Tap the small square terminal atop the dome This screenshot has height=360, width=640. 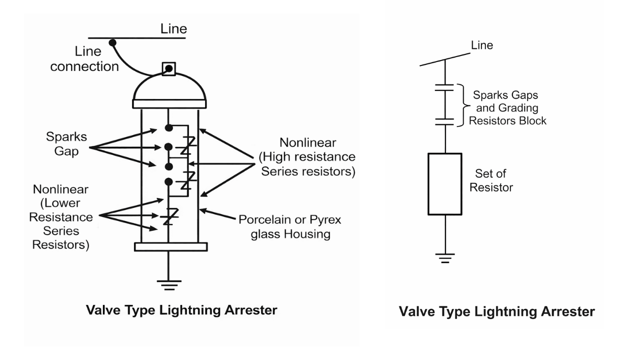[x=169, y=68]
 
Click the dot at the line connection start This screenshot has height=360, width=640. [x=112, y=42]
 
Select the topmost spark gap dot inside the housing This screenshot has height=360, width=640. [x=169, y=128]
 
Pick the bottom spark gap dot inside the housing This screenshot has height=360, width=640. [x=169, y=181]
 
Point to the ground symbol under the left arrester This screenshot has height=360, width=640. [x=168, y=284]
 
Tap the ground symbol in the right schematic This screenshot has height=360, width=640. [x=444, y=257]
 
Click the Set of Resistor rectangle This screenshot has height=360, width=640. [x=444, y=184]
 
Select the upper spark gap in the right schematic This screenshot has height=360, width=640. [x=444, y=88]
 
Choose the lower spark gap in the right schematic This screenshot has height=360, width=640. [x=444, y=120]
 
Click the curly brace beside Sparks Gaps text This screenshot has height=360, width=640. [x=463, y=105]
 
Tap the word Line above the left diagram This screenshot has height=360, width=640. [x=173, y=29]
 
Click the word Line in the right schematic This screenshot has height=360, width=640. [x=482, y=45]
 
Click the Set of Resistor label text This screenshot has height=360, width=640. [x=494, y=181]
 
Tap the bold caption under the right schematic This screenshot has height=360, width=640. [x=497, y=312]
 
